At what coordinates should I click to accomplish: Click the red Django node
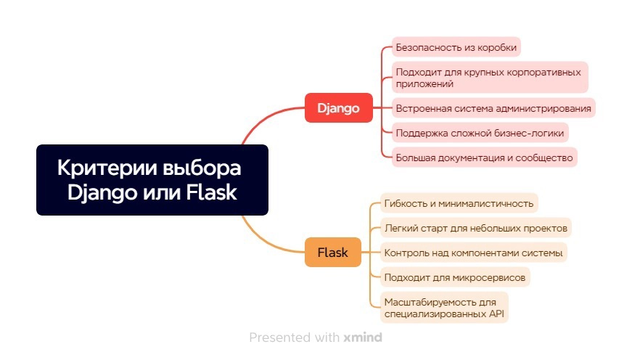[339, 107]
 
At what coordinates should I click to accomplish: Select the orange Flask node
[332, 253]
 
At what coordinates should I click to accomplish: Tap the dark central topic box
[152, 180]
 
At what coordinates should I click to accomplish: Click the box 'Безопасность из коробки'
[456, 47]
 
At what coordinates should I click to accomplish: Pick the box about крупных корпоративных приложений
[490, 78]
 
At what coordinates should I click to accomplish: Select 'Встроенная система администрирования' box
[493, 108]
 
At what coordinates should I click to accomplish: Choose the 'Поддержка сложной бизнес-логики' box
[480, 133]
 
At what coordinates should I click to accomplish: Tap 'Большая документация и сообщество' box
[485, 157]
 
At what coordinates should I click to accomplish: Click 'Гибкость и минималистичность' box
[459, 203]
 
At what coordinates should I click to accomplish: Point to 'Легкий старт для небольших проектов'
[476, 228]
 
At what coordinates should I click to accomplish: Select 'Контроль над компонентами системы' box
[474, 253]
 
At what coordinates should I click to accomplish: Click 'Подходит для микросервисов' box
[455, 277]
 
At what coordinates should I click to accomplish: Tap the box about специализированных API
[444, 308]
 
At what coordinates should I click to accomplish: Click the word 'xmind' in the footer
[363, 337]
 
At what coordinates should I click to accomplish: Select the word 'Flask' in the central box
[211, 192]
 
